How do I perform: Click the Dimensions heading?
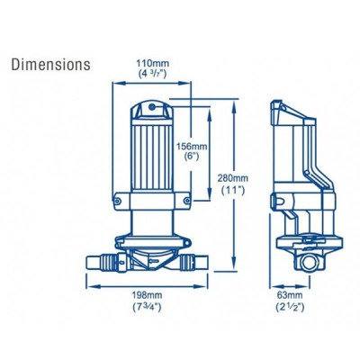(49, 65)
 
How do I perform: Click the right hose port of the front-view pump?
(197, 263)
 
